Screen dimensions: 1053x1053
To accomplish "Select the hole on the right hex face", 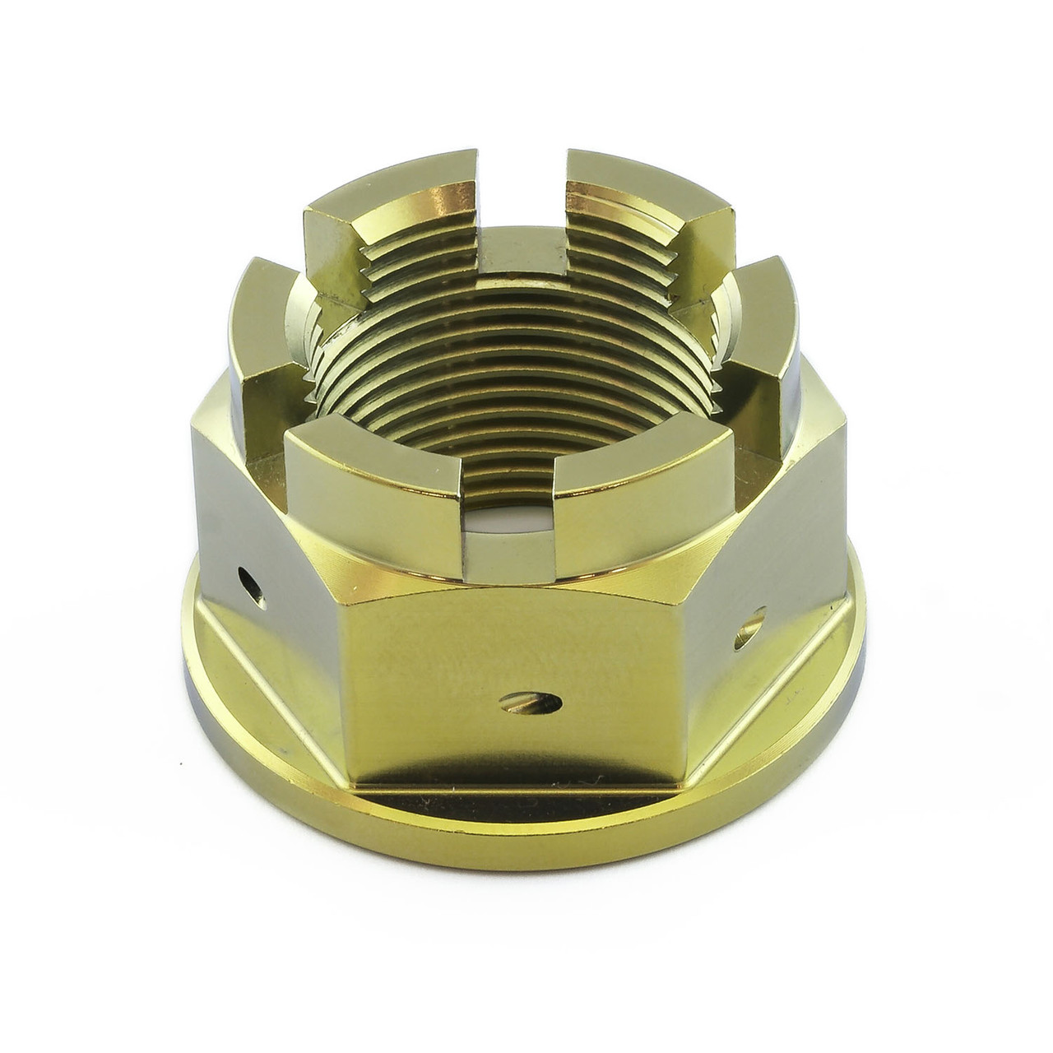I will click(752, 624).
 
